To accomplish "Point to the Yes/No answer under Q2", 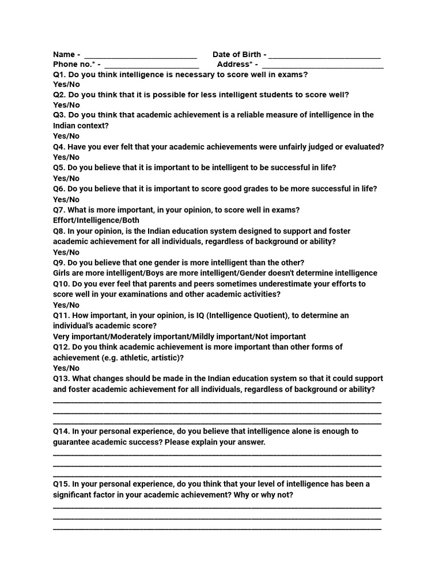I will coord(66,105).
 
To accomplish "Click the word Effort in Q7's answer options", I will coord(65,221).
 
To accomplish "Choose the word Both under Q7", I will coord(130,221).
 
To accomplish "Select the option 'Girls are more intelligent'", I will coord(94,273).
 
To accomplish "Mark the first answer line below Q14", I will coord(217,454).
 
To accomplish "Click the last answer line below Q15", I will coord(217,528).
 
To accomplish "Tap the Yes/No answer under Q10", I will coord(66,305).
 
